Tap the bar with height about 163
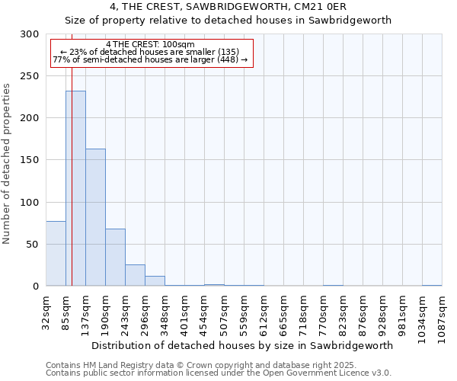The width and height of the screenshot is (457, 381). click(x=95, y=217)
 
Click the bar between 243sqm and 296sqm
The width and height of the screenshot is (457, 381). click(x=135, y=275)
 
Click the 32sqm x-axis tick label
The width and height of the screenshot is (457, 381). click(x=46, y=310)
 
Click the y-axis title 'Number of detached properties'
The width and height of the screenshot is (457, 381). click(x=8, y=164)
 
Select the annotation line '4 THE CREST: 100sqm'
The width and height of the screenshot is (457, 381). click(x=151, y=45)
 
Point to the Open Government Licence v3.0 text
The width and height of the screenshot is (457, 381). click(x=320, y=373)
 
